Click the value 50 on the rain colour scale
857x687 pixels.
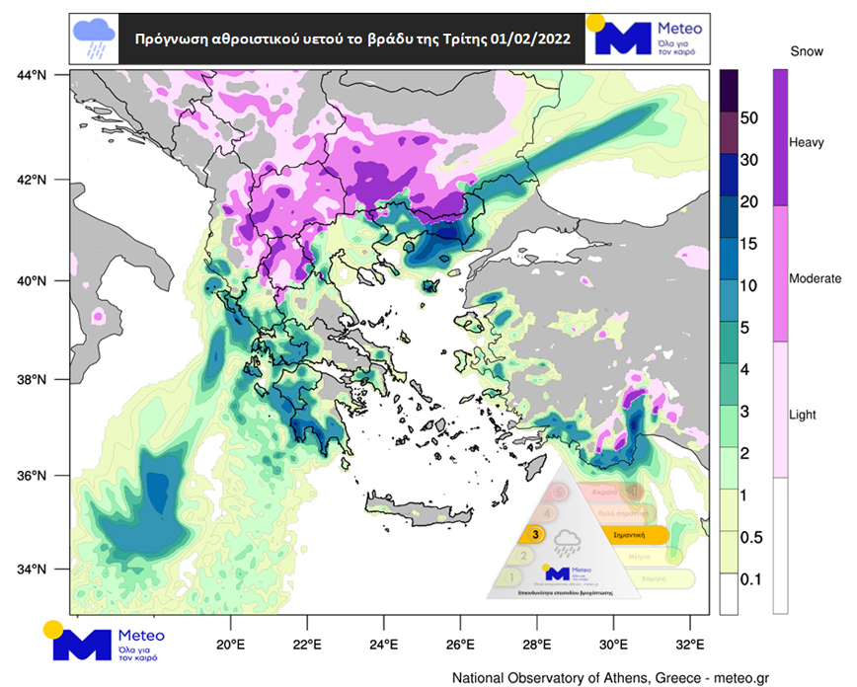tap(749, 117)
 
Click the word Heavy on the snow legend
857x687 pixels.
tap(807, 143)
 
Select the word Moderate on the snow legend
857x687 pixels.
tap(816, 279)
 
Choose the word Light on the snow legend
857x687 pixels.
tap(804, 415)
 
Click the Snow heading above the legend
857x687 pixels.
tap(808, 49)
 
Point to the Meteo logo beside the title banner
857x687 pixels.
tap(648, 39)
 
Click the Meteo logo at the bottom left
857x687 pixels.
tap(104, 640)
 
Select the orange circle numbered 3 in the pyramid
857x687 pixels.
tap(535, 534)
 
